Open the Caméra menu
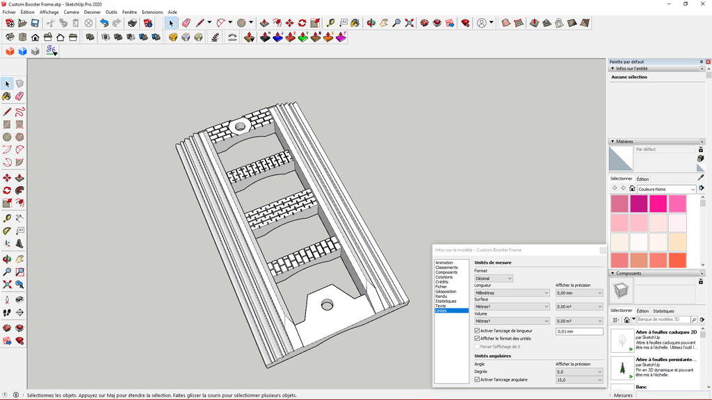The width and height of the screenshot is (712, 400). pos(71,12)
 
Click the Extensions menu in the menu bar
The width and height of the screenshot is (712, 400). pos(152,12)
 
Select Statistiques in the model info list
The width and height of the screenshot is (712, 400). pos(446,301)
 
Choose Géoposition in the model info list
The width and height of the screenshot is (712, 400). pos(446,292)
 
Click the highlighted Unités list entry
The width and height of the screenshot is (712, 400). pos(442,310)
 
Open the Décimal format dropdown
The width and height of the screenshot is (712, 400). pos(494,278)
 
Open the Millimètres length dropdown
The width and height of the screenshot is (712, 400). pos(512,293)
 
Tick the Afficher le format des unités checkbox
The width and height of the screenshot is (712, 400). pos(477,339)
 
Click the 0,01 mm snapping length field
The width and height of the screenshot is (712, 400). pos(579,332)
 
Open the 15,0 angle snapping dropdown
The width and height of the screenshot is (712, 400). pos(579,380)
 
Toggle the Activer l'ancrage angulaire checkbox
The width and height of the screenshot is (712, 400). pos(477,380)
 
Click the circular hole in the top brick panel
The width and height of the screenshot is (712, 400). pos(241,127)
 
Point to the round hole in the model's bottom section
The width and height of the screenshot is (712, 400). pos(326,305)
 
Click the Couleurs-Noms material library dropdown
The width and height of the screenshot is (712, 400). pos(666,189)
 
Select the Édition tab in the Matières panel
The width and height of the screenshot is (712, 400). pos(642,179)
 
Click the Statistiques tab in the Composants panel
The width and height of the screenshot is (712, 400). pos(663,311)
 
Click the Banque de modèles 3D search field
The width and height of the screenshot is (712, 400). pos(664,319)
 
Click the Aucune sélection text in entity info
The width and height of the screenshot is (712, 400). pos(629,77)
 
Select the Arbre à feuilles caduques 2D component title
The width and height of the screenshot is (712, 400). pos(666,333)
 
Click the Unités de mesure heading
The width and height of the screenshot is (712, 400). pos(493,262)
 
